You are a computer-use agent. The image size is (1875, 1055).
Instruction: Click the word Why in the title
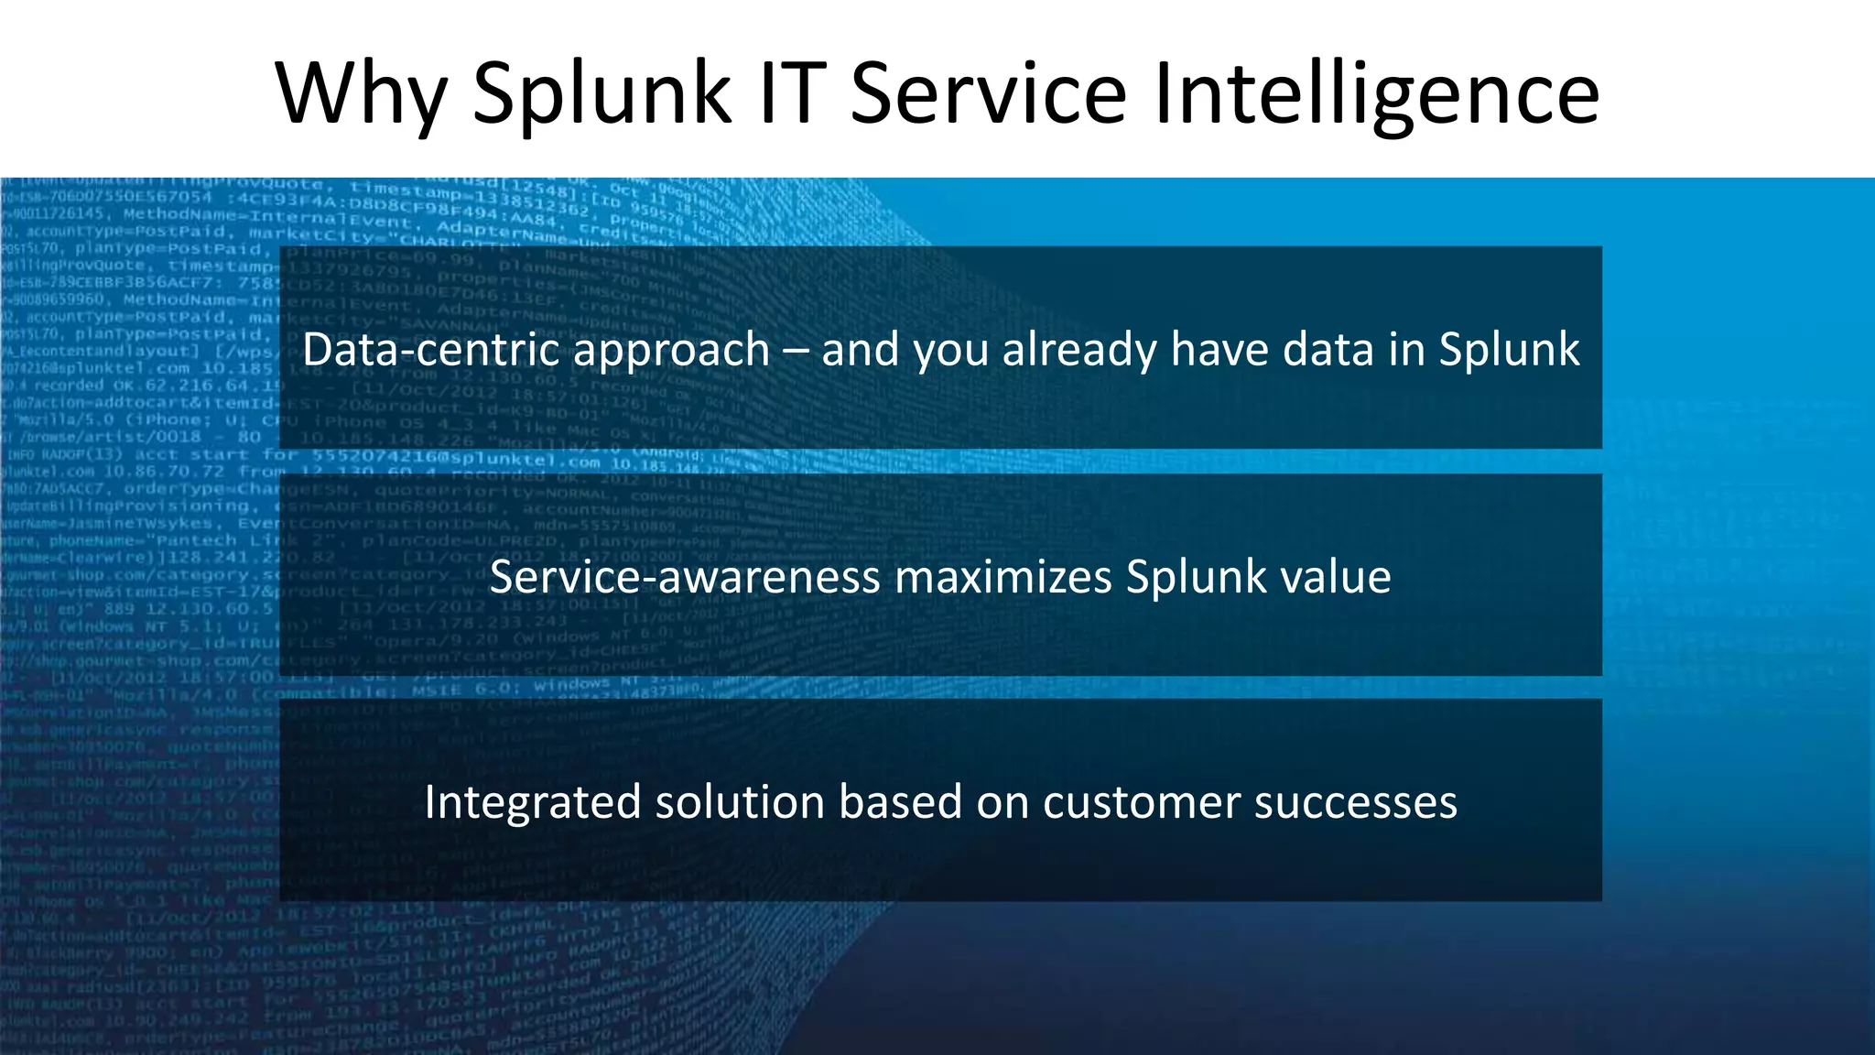[x=361, y=93]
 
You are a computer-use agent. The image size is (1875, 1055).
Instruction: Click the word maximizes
[x=1003, y=577]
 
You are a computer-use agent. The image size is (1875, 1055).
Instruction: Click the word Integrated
[x=532, y=803]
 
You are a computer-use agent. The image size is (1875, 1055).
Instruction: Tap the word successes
[x=1355, y=803]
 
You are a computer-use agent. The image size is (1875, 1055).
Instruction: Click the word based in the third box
[x=901, y=802]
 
